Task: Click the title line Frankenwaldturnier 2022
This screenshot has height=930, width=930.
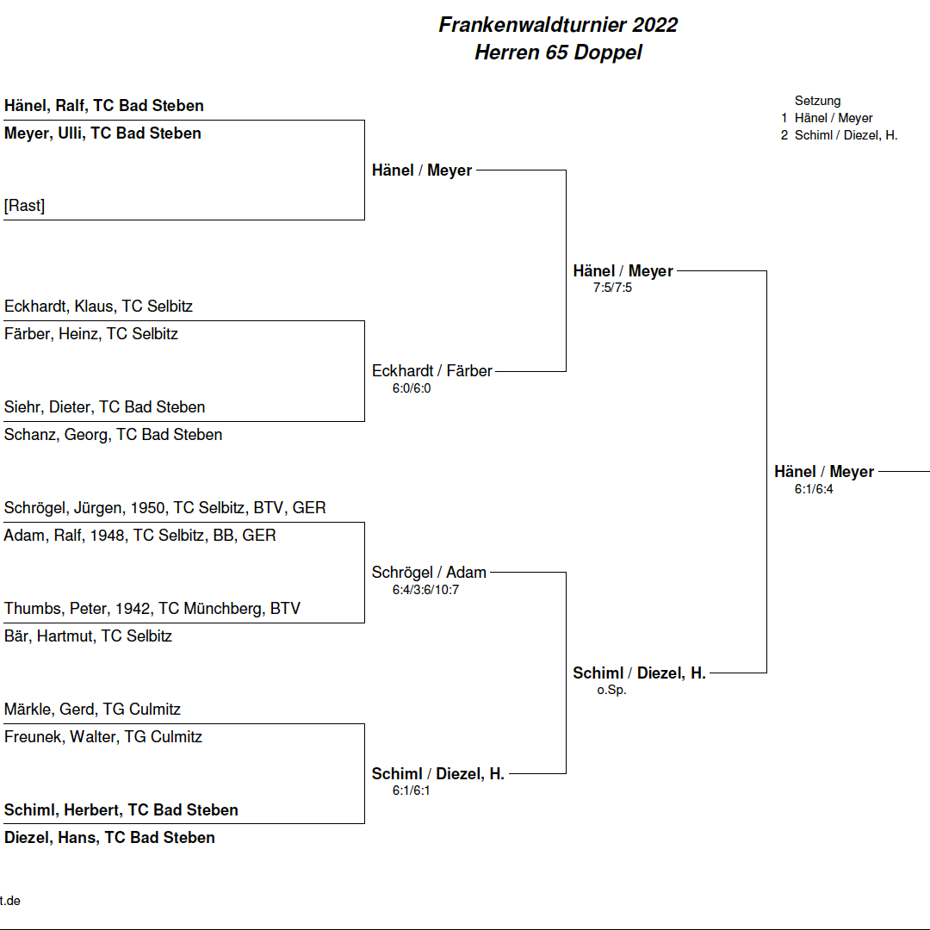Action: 558,25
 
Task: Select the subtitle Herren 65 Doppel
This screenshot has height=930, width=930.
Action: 558,53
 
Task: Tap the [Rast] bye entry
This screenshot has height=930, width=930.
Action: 24,205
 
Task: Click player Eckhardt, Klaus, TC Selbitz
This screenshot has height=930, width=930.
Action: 98,306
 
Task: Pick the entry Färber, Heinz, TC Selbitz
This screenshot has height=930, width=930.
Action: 91,333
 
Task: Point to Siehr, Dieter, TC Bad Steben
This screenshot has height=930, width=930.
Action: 105,406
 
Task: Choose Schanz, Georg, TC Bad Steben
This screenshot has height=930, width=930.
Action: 114,434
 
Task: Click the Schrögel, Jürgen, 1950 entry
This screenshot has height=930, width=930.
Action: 164,508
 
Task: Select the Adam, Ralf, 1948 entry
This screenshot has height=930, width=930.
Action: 140,535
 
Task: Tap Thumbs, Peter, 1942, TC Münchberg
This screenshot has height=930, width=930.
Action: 152,609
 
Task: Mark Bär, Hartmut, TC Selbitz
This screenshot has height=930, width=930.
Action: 89,635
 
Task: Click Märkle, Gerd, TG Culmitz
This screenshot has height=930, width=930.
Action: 92,710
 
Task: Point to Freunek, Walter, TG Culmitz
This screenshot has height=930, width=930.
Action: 103,736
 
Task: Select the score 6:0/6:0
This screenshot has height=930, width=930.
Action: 412,388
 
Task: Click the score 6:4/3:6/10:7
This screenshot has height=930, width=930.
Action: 426,590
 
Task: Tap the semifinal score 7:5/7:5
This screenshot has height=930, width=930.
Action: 613,288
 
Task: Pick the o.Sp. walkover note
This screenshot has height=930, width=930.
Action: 611,690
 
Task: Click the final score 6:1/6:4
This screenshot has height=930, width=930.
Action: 814,489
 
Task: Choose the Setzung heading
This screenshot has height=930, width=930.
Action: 818,101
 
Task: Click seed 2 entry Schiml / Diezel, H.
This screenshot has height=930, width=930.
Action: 840,135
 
